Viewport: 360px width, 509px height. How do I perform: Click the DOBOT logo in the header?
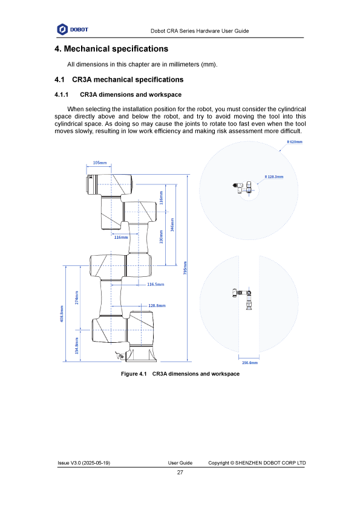coord(73,30)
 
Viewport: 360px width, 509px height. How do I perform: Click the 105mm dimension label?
coord(100,163)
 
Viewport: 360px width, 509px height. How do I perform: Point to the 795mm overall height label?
coord(185,268)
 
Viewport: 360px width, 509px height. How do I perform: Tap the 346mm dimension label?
coord(172,224)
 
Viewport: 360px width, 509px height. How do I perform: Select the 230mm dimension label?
coord(161,236)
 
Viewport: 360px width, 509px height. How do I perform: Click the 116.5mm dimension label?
coord(155,284)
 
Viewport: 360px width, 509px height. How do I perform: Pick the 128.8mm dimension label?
coord(157,305)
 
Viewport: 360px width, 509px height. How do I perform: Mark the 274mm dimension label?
coord(77,297)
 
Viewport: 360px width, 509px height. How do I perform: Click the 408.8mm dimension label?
coord(62,314)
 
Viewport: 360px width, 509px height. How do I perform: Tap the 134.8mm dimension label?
coord(77,346)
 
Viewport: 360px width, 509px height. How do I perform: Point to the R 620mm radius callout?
coord(295,142)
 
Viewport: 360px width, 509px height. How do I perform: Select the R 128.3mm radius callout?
coord(274,177)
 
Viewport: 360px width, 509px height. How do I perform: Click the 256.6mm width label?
coord(250,363)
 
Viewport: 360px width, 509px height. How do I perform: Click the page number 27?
coord(180,472)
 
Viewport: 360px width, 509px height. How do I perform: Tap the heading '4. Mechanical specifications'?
coord(111,49)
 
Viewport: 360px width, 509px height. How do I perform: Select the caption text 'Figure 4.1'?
coord(134,374)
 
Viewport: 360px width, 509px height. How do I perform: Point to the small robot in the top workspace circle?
coord(243,187)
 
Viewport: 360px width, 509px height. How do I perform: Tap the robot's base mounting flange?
coord(142,355)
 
